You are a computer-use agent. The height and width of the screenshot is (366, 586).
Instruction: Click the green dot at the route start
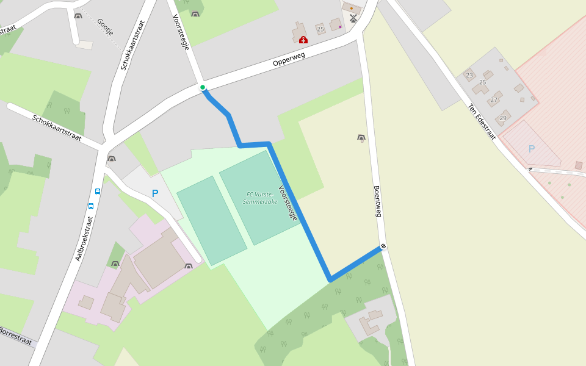pyautogui.click(x=203, y=88)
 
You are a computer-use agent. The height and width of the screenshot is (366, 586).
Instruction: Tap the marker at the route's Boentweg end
pyautogui.click(x=383, y=246)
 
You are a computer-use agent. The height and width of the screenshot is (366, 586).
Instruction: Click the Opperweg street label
pyautogui.click(x=289, y=59)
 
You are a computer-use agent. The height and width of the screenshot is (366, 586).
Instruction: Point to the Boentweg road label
pyautogui.click(x=377, y=201)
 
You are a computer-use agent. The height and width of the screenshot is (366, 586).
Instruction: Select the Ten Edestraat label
pyautogui.click(x=482, y=121)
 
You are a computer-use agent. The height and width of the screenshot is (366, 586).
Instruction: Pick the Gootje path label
pyautogui.click(x=105, y=27)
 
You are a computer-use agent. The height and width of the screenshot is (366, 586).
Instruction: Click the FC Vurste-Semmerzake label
pyautogui.click(x=260, y=198)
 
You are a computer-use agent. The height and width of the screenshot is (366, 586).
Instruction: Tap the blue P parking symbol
pyautogui.click(x=155, y=193)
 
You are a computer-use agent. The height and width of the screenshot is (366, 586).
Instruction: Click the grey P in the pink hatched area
pyautogui.click(x=531, y=148)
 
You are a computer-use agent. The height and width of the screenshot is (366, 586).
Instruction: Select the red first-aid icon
pyautogui.click(x=303, y=40)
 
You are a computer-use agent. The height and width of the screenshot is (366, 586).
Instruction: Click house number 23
pyautogui.click(x=469, y=76)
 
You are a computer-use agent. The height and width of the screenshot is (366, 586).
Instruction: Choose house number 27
pyautogui.click(x=493, y=100)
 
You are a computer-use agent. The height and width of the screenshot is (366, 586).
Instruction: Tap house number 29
pyautogui.click(x=503, y=118)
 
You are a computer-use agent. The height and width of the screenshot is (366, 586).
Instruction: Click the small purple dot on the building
pyautogui.click(x=340, y=27)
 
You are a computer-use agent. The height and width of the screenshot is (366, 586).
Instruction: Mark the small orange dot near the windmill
pyautogui.click(x=351, y=8)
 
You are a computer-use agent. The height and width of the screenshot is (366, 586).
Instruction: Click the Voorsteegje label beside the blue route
pyautogui.click(x=288, y=203)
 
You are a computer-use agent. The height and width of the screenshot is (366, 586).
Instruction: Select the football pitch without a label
pyautogui.click(x=212, y=220)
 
